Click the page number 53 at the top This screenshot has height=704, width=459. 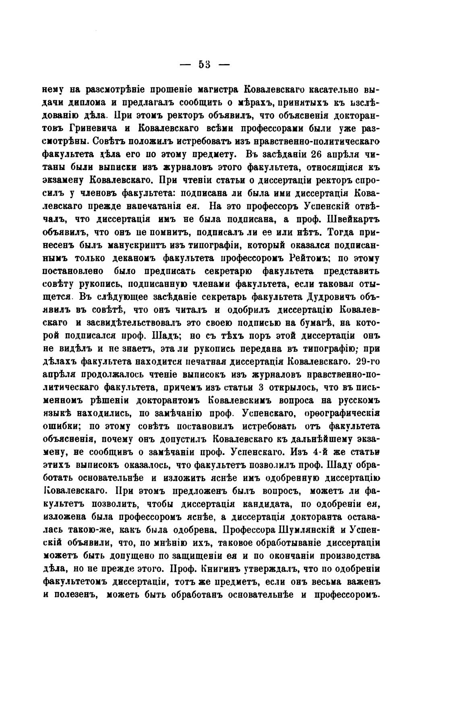[x=205, y=65]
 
